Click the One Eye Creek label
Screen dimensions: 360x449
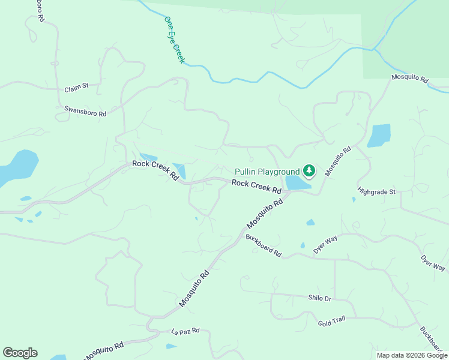point(175,40)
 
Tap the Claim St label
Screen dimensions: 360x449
point(76,87)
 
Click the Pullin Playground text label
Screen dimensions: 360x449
point(267,172)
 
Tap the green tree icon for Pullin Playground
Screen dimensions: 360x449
point(309,172)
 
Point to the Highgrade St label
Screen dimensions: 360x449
point(376,191)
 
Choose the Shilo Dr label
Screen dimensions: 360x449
point(319,298)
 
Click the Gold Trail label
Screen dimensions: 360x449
point(331,320)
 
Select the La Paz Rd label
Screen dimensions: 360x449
point(185,331)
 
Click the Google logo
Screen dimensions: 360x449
point(20,353)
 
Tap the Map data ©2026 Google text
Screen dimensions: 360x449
point(411,355)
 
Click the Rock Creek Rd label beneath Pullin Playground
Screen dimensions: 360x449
point(256,187)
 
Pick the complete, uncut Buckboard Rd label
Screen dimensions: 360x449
point(264,245)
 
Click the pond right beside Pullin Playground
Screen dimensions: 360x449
point(297,183)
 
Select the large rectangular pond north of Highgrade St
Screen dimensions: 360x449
point(379,136)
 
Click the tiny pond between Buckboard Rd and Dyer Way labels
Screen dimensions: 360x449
point(303,245)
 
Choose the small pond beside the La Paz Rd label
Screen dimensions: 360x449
point(171,346)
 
